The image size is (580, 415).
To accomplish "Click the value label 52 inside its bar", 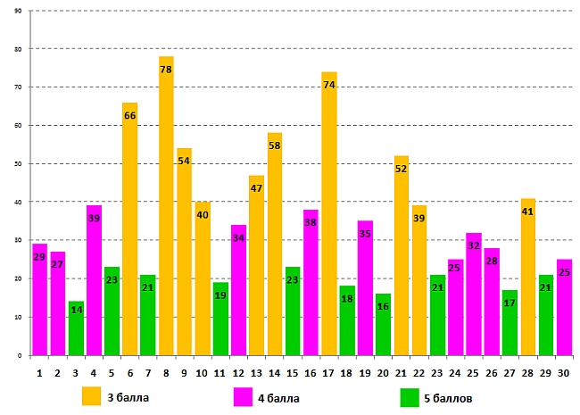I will click(401, 169).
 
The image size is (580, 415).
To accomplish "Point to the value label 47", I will click(256, 188).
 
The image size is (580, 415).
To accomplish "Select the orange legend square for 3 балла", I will click(92, 396).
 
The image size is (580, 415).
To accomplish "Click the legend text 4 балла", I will click(278, 397).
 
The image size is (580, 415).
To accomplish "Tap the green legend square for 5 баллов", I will click(410, 396).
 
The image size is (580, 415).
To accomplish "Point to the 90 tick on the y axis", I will click(19, 11).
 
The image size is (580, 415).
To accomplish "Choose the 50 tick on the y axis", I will click(19, 163).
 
